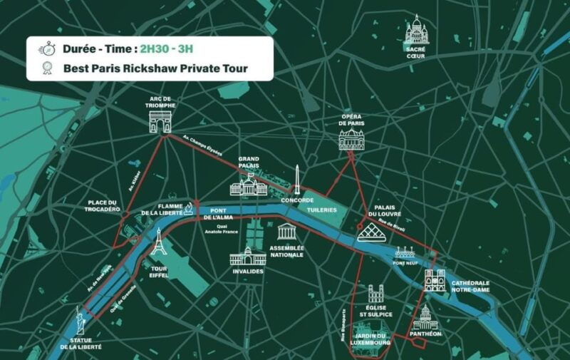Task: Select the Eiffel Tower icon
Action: pyautogui.click(x=158, y=242)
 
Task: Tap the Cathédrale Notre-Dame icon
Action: pyautogui.click(x=435, y=281)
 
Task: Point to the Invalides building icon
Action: pyautogui.click(x=248, y=256)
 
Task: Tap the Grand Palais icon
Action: pyautogui.click(x=249, y=185)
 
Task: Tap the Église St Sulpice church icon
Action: pyautogui.click(x=376, y=294)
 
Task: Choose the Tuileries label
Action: pyautogui.click(x=321, y=211)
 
